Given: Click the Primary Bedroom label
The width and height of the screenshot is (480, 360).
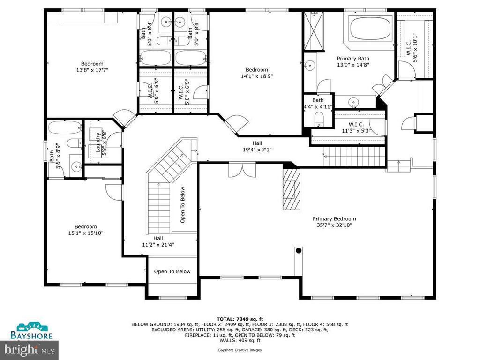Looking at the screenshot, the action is click(x=334, y=222).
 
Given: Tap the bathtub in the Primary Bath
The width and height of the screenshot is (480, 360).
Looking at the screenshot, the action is click(x=371, y=28).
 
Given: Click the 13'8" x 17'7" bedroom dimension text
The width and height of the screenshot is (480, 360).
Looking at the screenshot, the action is click(x=92, y=70).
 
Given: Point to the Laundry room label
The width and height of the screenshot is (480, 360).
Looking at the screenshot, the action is click(x=98, y=142).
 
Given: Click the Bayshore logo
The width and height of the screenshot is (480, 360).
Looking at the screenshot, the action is click(x=31, y=330).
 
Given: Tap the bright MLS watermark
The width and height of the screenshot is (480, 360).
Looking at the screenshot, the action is click(x=29, y=350).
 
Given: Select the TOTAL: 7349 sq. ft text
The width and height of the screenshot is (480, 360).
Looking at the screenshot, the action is click(x=240, y=319).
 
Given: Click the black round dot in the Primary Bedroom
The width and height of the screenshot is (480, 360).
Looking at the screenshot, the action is click(x=299, y=251).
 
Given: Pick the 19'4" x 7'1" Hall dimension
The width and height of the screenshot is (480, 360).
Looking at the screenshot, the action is click(x=257, y=150).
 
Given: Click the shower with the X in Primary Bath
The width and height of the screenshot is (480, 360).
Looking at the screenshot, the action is click(x=314, y=31).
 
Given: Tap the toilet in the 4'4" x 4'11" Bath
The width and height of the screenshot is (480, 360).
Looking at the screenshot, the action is click(x=319, y=118).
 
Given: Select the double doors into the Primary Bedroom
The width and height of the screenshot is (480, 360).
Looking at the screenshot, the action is click(x=242, y=169).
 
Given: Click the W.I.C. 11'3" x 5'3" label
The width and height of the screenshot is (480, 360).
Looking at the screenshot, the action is click(x=356, y=127).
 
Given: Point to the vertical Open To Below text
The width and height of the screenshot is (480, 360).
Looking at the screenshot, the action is click(x=182, y=205).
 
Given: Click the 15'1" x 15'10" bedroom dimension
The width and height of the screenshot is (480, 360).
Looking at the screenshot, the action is click(x=86, y=233).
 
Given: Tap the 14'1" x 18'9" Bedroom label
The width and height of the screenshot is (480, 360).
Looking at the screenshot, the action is click(x=256, y=73).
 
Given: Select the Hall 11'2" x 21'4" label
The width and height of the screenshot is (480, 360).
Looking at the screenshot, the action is click(x=158, y=241).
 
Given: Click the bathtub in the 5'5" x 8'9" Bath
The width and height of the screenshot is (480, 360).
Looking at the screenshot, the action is click(x=65, y=127).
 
